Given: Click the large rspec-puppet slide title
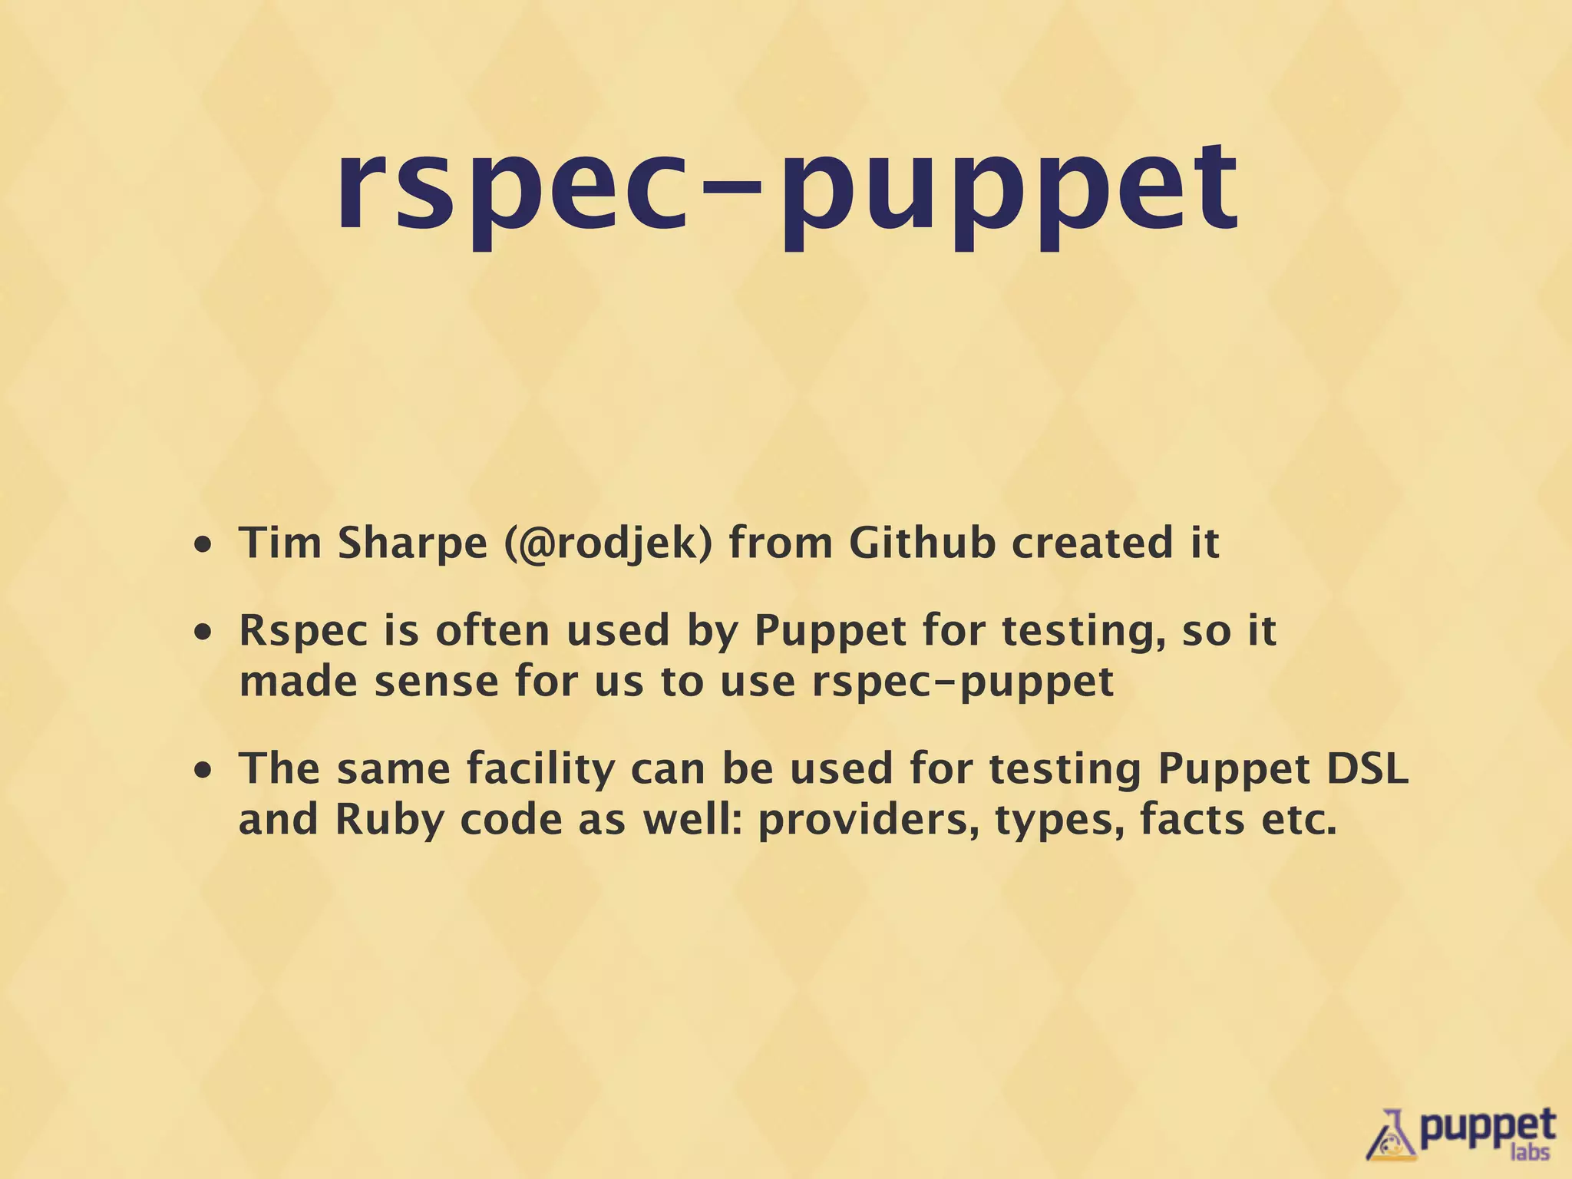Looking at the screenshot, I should [786, 188].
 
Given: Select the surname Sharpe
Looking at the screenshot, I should [412, 544].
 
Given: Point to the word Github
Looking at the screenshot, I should [922, 543].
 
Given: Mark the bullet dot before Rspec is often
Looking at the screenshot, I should [203, 634].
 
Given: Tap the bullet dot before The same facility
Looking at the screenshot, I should [203, 771].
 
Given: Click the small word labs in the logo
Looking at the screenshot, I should [1529, 1151].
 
